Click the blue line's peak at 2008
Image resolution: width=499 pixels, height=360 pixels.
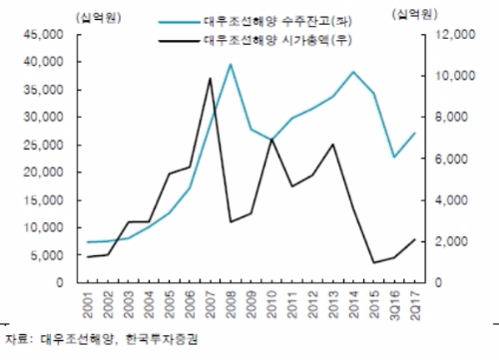pyautogui.click(x=231, y=64)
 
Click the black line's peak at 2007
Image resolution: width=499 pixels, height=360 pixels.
pyautogui.click(x=210, y=78)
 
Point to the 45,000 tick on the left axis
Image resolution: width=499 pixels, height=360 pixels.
pyautogui.click(x=44, y=35)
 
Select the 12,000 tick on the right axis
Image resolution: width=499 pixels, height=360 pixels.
pyautogui.click(x=456, y=35)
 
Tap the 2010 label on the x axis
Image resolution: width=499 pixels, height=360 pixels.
pyautogui.click(x=271, y=304)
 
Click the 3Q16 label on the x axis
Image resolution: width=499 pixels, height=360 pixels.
pyautogui.click(x=395, y=305)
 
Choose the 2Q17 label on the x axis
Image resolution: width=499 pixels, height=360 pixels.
pyautogui.click(x=415, y=305)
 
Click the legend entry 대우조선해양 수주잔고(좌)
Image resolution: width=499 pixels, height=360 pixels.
pyautogui.click(x=277, y=22)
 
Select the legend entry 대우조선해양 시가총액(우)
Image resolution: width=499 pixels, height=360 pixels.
pyautogui.click(x=277, y=41)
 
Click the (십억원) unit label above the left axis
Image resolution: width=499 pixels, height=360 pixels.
pyautogui.click(x=99, y=17)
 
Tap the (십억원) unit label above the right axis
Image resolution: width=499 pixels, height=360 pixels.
pyautogui.click(x=415, y=14)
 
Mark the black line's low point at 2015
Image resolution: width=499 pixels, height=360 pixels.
pyautogui.click(x=374, y=262)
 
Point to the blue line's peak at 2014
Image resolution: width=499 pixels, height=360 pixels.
pyautogui.click(x=353, y=72)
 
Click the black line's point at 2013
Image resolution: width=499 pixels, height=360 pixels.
pyautogui.click(x=333, y=145)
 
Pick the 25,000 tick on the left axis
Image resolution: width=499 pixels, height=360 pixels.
pyautogui.click(x=44, y=145)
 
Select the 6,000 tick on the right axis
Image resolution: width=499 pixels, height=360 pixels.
pyautogui.click(x=452, y=159)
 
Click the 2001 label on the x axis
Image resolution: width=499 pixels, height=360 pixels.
pyautogui.click(x=87, y=304)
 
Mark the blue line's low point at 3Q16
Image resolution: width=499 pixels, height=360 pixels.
pyautogui.click(x=394, y=157)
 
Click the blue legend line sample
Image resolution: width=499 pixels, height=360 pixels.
pyautogui.click(x=179, y=22)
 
